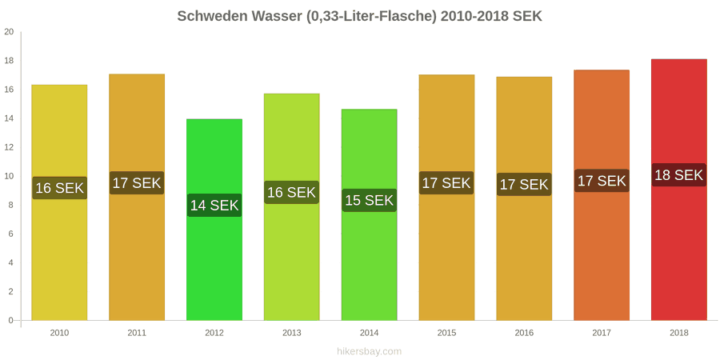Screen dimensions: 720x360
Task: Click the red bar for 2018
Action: click(678, 190)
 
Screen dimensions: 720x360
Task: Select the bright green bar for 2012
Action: click(214, 219)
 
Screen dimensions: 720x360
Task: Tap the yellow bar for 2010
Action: click(59, 202)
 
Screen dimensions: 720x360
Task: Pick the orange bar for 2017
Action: click(602, 195)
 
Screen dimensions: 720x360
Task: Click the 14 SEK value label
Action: click(214, 206)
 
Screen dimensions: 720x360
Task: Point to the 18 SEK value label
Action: click(678, 175)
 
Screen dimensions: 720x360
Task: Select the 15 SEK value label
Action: click(369, 200)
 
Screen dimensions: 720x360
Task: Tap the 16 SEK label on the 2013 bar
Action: click(291, 192)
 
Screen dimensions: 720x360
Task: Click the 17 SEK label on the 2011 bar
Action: click(137, 182)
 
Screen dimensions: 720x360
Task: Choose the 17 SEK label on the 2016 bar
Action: click(524, 184)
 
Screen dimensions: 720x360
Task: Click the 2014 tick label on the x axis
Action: click(369, 334)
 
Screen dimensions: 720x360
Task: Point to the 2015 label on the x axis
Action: click(446, 334)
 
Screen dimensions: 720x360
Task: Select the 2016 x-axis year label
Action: click(524, 334)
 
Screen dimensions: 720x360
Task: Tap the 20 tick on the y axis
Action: click(9, 32)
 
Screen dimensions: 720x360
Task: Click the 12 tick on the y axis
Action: click(9, 147)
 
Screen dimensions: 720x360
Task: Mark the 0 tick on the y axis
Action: click(11, 321)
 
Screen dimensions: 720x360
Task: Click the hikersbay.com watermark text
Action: click(369, 351)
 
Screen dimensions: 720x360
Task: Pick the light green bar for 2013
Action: click(291, 207)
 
